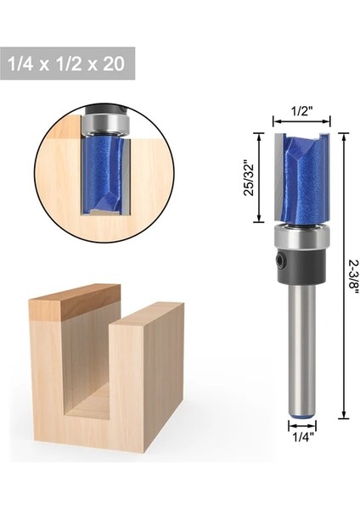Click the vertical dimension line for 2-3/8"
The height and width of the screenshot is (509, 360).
(344, 271)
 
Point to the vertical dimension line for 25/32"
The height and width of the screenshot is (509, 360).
(258, 176)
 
